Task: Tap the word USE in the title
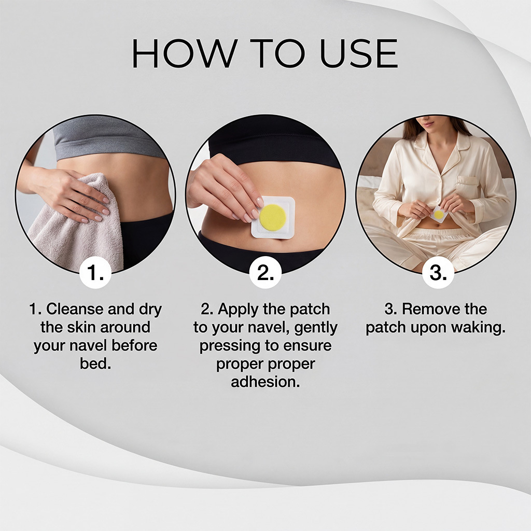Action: tap(358, 53)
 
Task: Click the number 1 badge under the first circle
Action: tap(95, 272)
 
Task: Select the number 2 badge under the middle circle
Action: tap(265, 272)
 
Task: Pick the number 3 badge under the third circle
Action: tap(438, 272)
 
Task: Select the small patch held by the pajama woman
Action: tap(439, 214)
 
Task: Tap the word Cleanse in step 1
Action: tap(75, 309)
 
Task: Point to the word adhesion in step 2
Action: tap(265, 382)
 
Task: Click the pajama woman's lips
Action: tap(427, 129)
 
